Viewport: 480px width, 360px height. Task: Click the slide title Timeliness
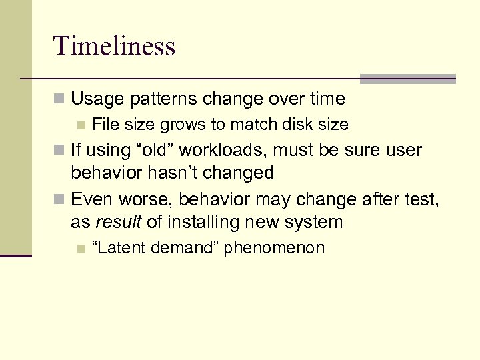click(x=114, y=46)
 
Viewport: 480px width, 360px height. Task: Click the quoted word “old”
click(x=149, y=150)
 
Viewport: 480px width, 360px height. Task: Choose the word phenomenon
click(x=274, y=248)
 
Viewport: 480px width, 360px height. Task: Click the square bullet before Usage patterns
click(x=60, y=100)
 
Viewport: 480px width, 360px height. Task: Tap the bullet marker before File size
click(x=81, y=125)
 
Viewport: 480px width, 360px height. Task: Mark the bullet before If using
click(x=60, y=151)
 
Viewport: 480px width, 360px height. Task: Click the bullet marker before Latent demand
click(x=81, y=249)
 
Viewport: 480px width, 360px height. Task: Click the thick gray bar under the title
click(x=407, y=79)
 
